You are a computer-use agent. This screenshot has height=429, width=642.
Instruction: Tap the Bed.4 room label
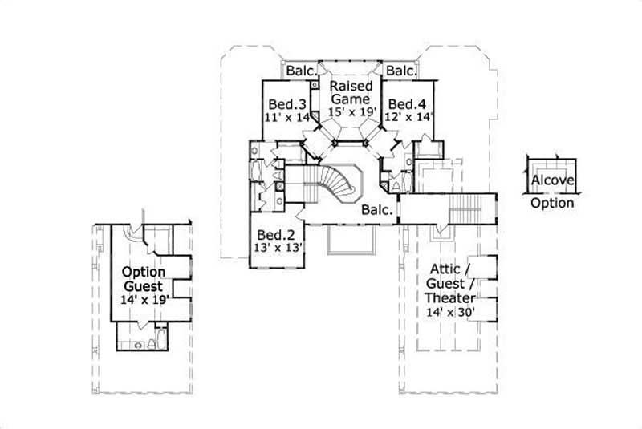click(x=407, y=104)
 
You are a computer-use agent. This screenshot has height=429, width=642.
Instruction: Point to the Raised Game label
click(x=349, y=91)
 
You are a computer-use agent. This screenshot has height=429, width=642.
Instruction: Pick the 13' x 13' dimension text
click(x=276, y=248)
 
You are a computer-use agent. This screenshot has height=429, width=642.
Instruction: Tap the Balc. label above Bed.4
click(x=400, y=71)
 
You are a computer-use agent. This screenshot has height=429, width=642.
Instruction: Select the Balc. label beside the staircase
click(x=376, y=211)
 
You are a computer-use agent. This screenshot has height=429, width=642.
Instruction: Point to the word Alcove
click(x=552, y=180)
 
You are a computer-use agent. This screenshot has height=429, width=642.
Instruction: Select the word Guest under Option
click(x=143, y=286)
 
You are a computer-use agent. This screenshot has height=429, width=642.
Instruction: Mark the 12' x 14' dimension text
click(x=409, y=117)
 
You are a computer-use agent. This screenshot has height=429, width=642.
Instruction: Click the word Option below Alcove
click(x=552, y=203)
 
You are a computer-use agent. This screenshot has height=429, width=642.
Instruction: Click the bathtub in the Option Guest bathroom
click(x=159, y=342)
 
